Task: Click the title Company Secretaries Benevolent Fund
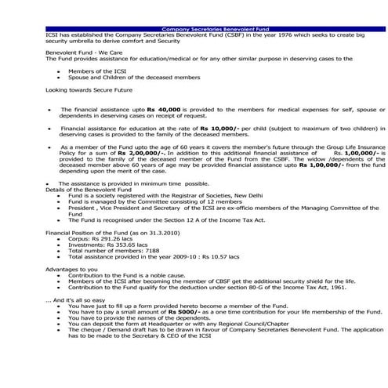pyautogui.click(x=194, y=27)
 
